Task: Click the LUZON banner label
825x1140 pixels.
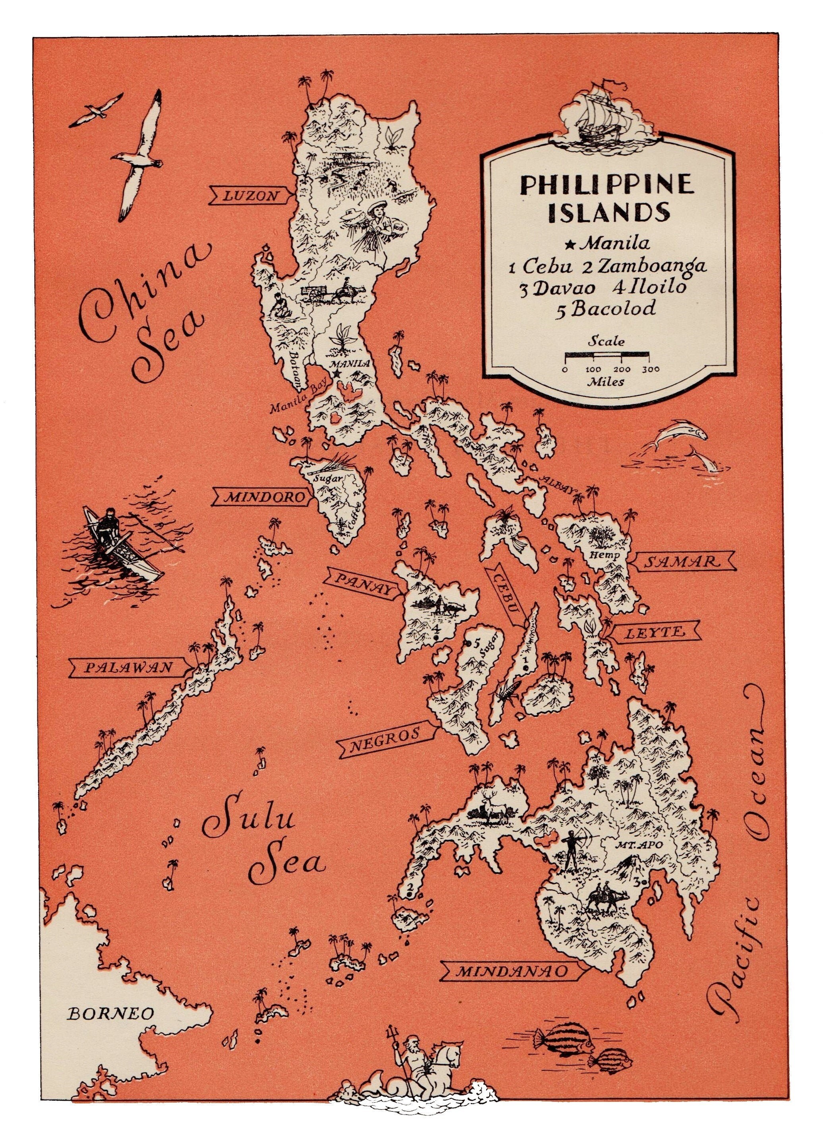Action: click(250, 195)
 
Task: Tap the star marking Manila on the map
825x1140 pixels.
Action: click(336, 375)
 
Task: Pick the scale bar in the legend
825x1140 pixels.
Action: click(607, 357)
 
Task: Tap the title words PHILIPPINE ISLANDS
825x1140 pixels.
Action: click(607, 198)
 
